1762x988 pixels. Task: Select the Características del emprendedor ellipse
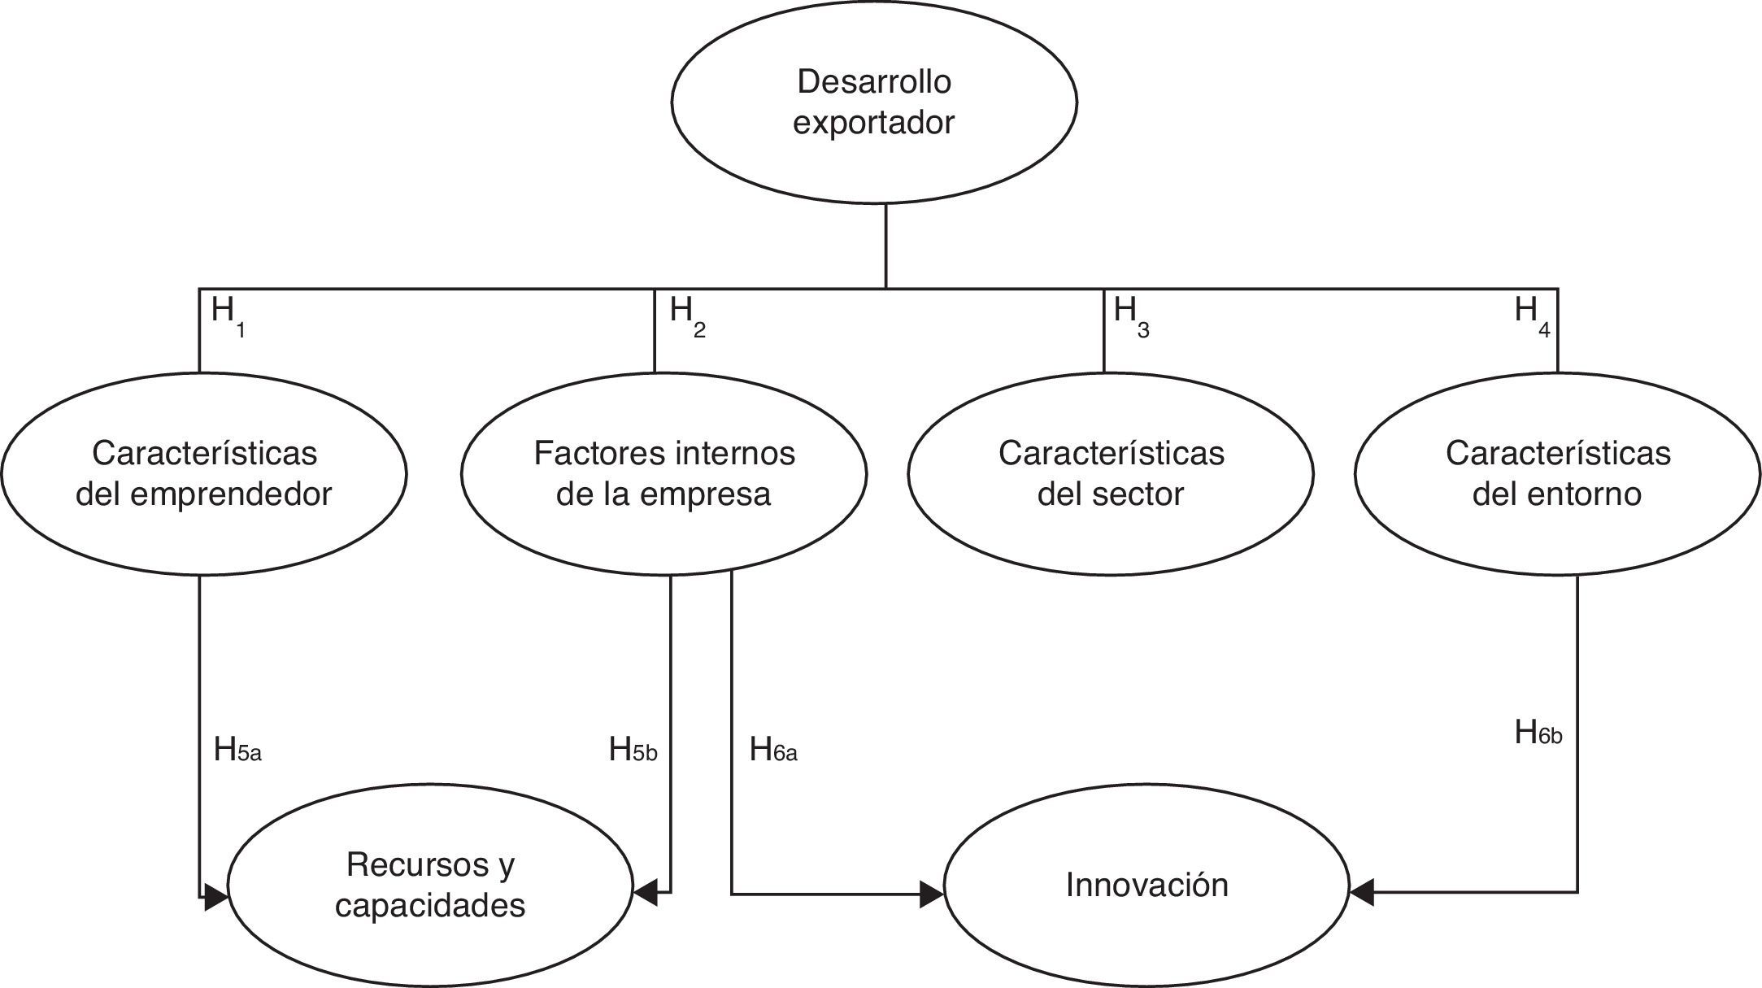click(x=203, y=473)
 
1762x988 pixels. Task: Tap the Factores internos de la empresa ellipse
click(x=663, y=473)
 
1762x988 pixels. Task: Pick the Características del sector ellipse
click(x=1111, y=473)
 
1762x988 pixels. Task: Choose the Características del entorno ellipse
click(x=1557, y=473)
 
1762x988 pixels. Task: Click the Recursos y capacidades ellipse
click(x=430, y=885)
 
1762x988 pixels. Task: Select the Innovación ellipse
click(x=1146, y=885)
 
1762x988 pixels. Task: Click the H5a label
click(x=237, y=750)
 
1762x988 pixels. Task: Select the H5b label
click(x=633, y=750)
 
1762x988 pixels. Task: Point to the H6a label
click(x=773, y=750)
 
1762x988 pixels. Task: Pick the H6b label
click(x=1538, y=733)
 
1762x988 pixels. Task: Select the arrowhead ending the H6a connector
click(x=932, y=894)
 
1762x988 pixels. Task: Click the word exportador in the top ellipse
click(x=874, y=123)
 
